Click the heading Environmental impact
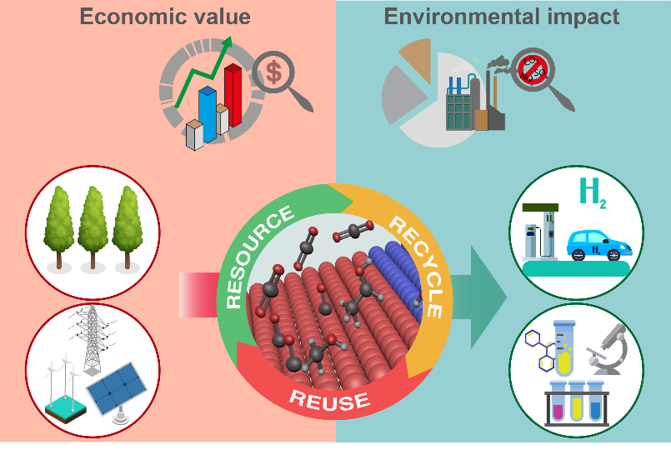click(x=501, y=17)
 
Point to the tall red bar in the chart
click(x=233, y=95)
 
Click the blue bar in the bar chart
click(x=208, y=112)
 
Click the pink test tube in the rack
click(x=552, y=401)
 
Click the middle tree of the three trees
click(x=93, y=226)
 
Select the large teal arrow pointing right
click(x=488, y=297)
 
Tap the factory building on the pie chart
click(x=471, y=101)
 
